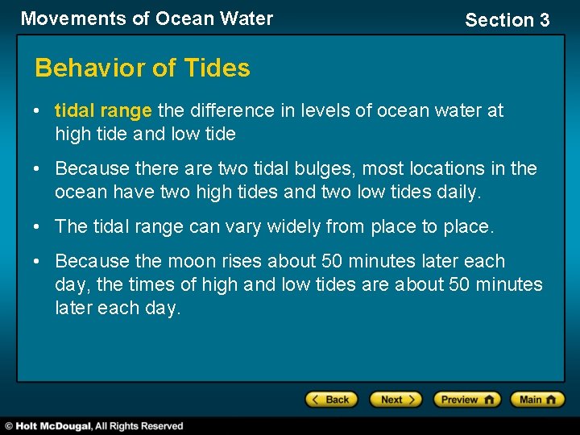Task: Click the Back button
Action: (331, 400)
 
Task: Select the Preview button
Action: (466, 400)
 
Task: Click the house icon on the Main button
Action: (553, 400)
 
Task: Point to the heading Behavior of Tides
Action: (143, 68)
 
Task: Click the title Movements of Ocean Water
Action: (147, 19)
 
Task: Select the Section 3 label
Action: (507, 20)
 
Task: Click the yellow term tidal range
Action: (103, 110)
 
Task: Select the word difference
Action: (230, 110)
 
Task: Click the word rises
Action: (242, 261)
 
